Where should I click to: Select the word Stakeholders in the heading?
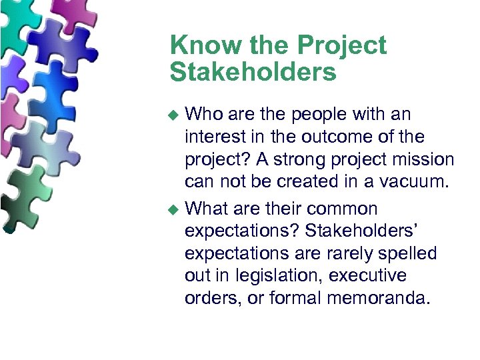coord(253,72)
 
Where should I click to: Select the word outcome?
coord(351,137)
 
